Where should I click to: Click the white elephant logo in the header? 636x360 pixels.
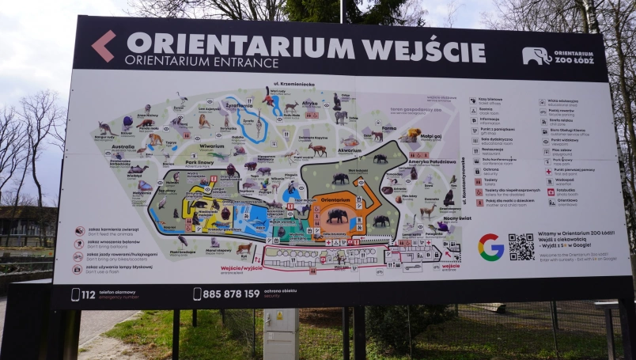536,55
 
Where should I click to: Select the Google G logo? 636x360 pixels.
490,247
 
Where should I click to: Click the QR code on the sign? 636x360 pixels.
521,247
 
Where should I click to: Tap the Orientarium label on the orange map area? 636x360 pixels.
335,200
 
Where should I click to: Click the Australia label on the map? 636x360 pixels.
123,146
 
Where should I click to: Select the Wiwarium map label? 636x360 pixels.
212,146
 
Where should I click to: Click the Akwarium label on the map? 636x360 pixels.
349,150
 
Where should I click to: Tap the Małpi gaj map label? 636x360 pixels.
430,136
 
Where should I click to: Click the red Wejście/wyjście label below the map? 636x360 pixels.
240,268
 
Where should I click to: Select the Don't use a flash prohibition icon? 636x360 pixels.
78,269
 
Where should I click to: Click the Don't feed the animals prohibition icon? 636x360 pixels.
79,230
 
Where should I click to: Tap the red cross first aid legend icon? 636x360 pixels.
548,171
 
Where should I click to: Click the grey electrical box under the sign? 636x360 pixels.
281,332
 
